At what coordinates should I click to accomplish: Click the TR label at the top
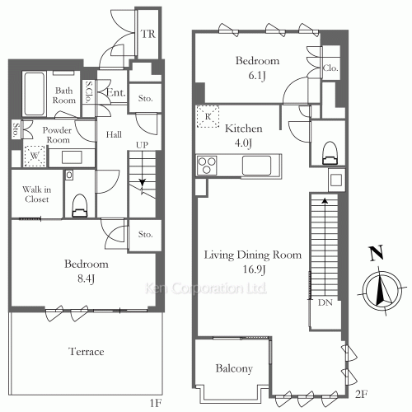(148, 34)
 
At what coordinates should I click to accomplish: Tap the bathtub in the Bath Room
(35, 94)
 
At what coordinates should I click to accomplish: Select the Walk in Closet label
(37, 194)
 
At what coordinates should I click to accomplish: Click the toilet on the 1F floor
(80, 206)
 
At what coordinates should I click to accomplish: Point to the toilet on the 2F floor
(330, 153)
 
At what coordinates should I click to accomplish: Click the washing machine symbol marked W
(35, 156)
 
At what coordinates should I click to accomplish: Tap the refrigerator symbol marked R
(208, 116)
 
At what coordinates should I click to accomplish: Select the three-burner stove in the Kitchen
(207, 166)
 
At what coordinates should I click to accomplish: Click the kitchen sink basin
(256, 166)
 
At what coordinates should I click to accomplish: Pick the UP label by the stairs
(142, 145)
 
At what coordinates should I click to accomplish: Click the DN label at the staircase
(325, 302)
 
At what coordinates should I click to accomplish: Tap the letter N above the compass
(376, 253)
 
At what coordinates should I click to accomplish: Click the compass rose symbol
(382, 290)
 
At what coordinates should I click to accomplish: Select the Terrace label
(87, 352)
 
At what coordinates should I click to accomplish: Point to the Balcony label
(234, 369)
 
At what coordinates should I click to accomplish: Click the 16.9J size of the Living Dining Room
(254, 269)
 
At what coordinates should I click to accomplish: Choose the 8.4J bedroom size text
(87, 279)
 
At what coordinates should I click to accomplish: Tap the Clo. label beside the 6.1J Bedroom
(330, 68)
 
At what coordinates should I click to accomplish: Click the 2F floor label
(361, 395)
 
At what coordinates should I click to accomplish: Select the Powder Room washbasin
(72, 157)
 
